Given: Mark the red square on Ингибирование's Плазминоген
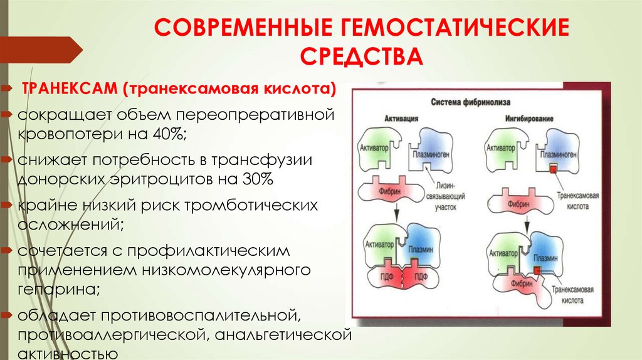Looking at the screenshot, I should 553,167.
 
